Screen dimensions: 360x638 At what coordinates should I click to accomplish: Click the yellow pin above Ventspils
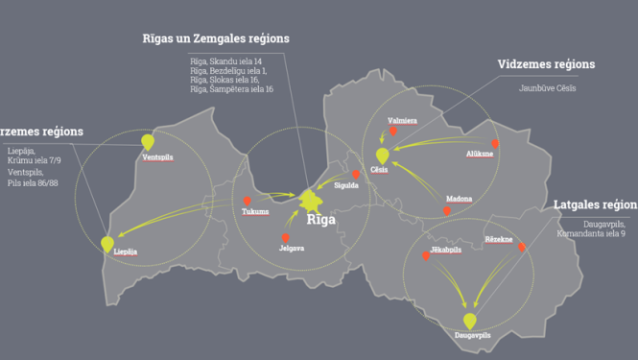(148, 142)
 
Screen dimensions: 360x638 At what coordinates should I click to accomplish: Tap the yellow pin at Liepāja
(107, 243)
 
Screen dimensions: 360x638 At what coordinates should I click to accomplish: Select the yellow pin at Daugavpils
(469, 321)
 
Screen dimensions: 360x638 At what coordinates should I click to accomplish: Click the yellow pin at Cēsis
(382, 155)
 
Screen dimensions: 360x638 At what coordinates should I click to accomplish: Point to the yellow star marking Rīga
(310, 201)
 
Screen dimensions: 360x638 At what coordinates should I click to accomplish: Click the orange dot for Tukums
(247, 201)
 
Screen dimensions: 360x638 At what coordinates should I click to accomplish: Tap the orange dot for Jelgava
(285, 237)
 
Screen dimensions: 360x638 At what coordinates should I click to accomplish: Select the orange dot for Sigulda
(355, 175)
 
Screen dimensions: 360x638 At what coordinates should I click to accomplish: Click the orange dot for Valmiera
(391, 132)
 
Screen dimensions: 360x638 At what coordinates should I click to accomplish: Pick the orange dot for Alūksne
(495, 142)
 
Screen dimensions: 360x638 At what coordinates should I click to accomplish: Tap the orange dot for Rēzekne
(522, 247)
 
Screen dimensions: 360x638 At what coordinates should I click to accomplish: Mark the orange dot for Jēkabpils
(426, 255)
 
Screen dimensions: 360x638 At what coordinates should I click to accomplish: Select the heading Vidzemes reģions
(546, 64)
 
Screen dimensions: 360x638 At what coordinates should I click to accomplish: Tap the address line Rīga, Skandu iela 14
(225, 61)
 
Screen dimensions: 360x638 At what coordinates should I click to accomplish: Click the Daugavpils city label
(473, 336)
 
